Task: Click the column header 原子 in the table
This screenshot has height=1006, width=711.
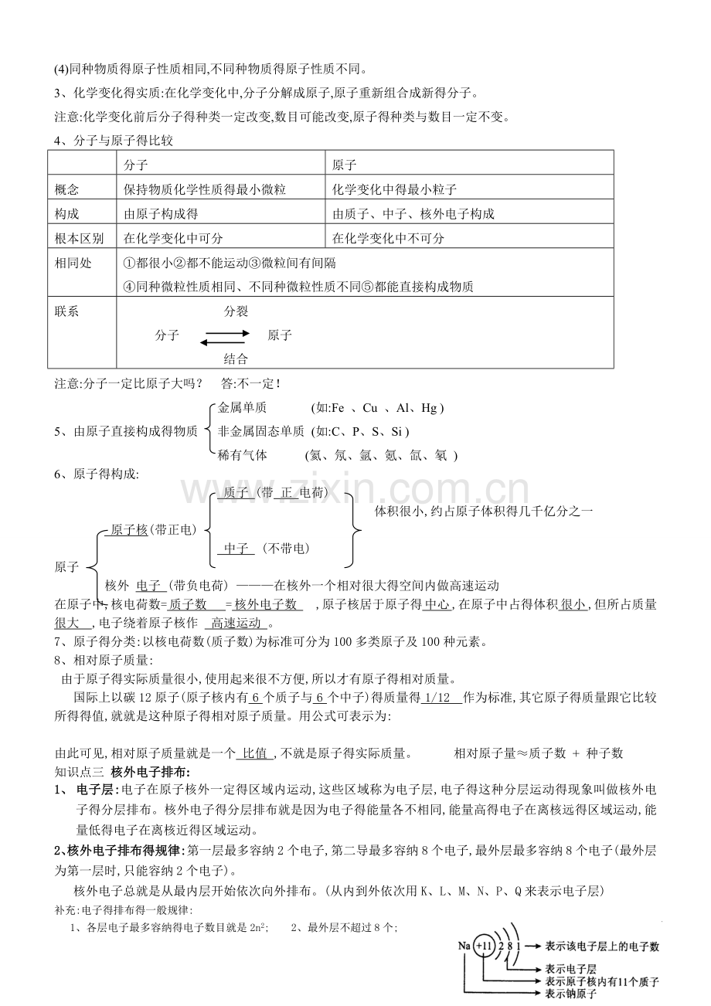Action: [x=344, y=164]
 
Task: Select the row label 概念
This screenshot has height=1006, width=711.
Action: [x=67, y=189]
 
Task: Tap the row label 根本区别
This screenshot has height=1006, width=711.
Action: [x=79, y=239]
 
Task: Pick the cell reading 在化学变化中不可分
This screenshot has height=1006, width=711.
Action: [x=388, y=239]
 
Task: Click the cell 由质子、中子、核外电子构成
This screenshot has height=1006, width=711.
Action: [x=413, y=214]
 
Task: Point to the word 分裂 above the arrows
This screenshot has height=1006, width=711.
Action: [x=236, y=311]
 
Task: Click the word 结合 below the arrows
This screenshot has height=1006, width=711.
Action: [x=236, y=358]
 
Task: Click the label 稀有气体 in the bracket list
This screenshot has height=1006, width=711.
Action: [x=243, y=455]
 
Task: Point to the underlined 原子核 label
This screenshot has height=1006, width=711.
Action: [x=129, y=529]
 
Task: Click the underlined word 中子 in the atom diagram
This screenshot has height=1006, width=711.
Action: [x=236, y=549]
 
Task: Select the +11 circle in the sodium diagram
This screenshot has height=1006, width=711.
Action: [x=484, y=946]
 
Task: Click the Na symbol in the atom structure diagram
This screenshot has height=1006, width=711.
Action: [x=464, y=946]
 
